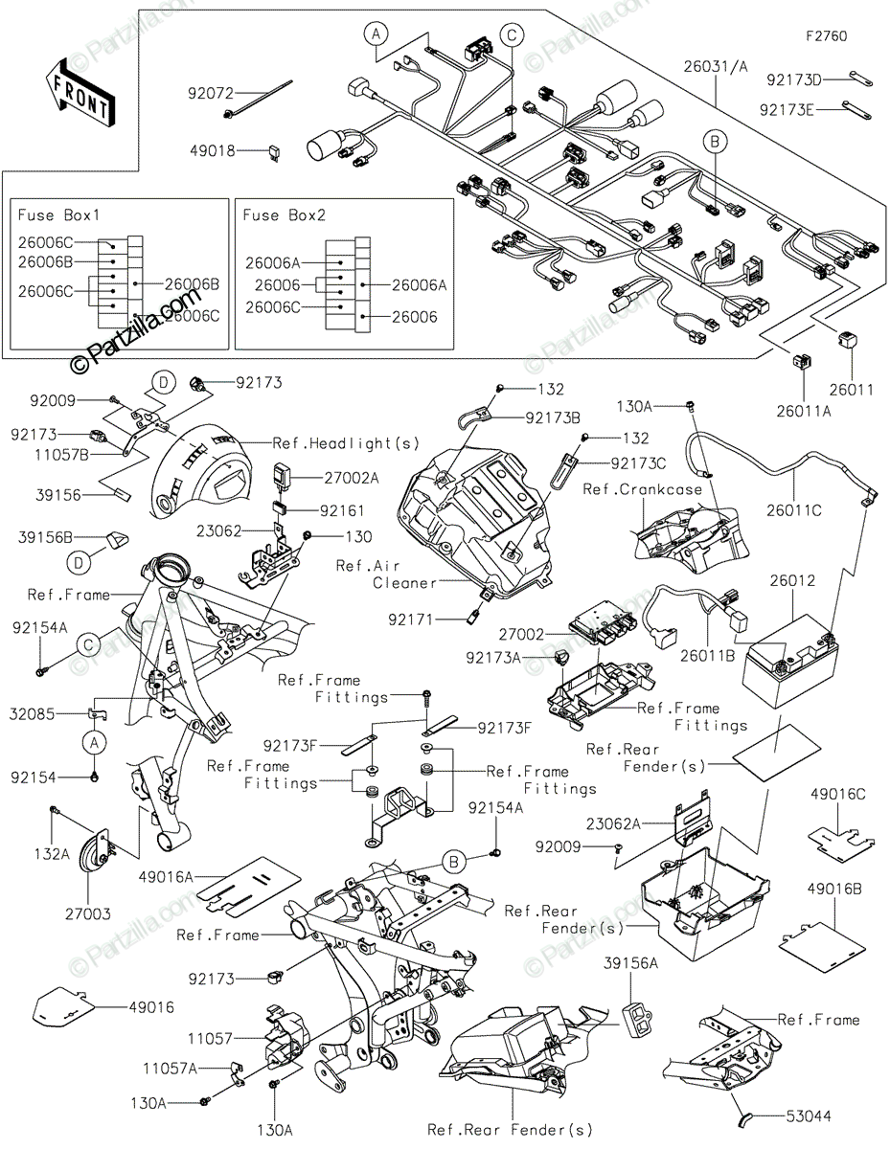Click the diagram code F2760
pos(826,36)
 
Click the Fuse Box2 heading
pos(285,215)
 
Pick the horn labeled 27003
pos(99,848)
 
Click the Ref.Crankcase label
pos(643,489)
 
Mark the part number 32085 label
pos(33,713)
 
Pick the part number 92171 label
pos(411,620)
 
